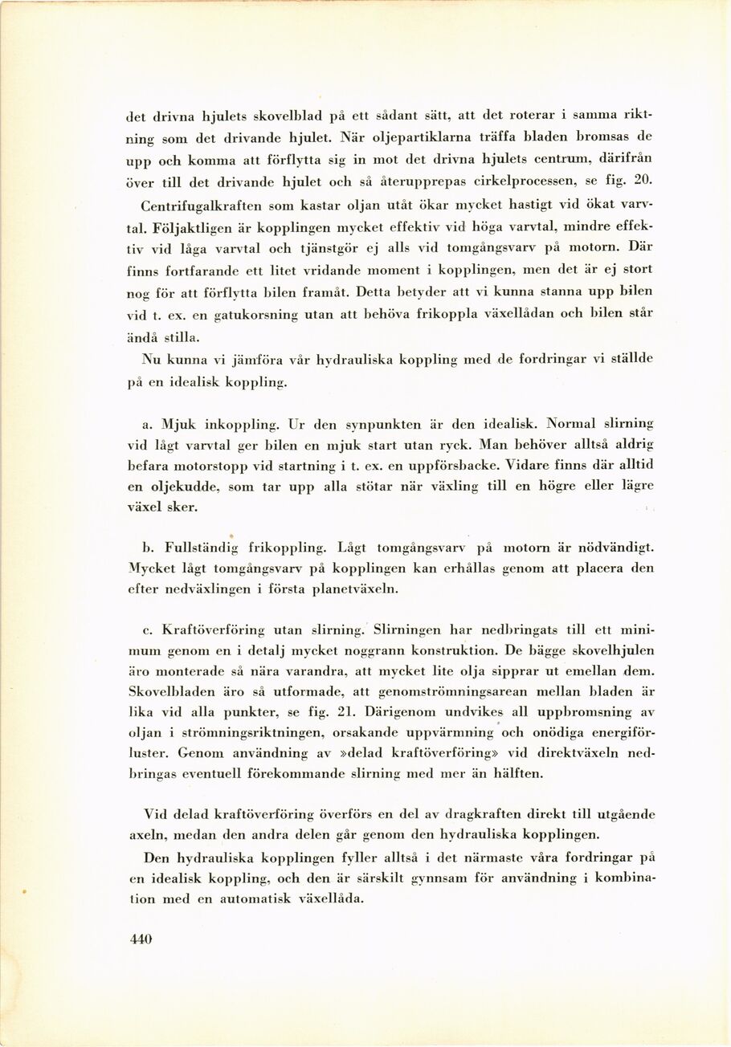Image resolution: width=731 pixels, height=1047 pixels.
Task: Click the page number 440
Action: click(141, 939)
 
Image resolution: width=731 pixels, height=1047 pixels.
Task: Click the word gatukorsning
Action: click(251, 315)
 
